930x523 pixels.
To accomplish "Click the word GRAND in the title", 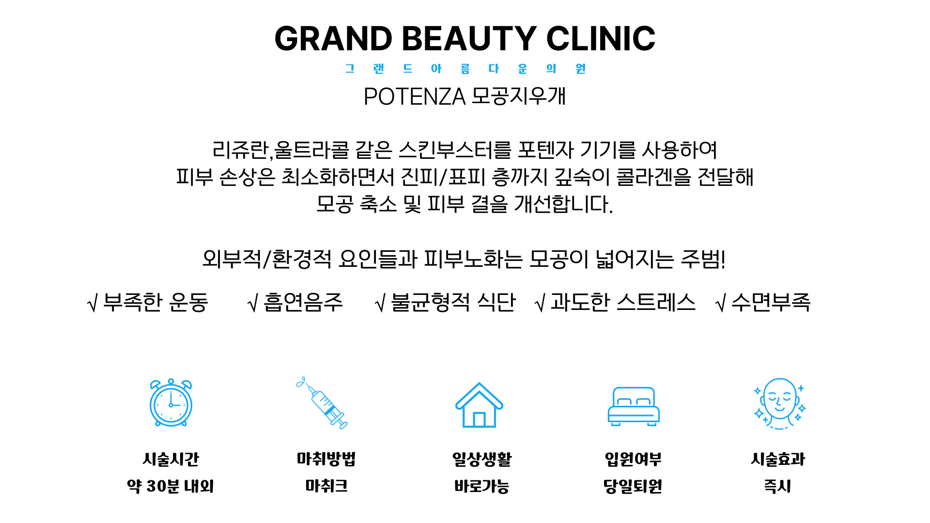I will pyautogui.click(x=333, y=39).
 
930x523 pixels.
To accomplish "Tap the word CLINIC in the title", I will pyautogui.click(x=601, y=39).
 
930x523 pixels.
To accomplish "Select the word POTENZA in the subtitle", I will pyautogui.click(x=415, y=96).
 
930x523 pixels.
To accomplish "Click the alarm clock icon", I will pyautogui.click(x=171, y=403).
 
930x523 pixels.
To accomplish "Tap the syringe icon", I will pyautogui.click(x=322, y=403).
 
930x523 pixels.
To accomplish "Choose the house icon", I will pyautogui.click(x=479, y=405).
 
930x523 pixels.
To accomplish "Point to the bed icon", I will pyautogui.click(x=634, y=406).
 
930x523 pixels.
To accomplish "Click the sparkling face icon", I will pyautogui.click(x=779, y=404).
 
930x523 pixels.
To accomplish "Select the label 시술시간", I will pyautogui.click(x=171, y=459).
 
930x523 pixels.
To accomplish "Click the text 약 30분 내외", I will pyautogui.click(x=170, y=486).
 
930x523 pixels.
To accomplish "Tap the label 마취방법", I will pyautogui.click(x=326, y=459).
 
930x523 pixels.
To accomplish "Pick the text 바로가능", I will pyautogui.click(x=481, y=486).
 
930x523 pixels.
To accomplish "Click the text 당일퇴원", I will pyautogui.click(x=633, y=486).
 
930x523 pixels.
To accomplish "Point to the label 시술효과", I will pyautogui.click(x=778, y=459).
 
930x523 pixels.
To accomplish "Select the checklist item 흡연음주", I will pyautogui.click(x=303, y=302).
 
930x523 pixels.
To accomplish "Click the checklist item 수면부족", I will pyautogui.click(x=771, y=302).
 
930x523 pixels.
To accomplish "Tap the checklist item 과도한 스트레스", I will pyautogui.click(x=623, y=302).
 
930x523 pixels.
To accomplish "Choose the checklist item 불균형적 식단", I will pyautogui.click(x=453, y=302).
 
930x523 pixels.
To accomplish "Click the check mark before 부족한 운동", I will pyautogui.click(x=93, y=304).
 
